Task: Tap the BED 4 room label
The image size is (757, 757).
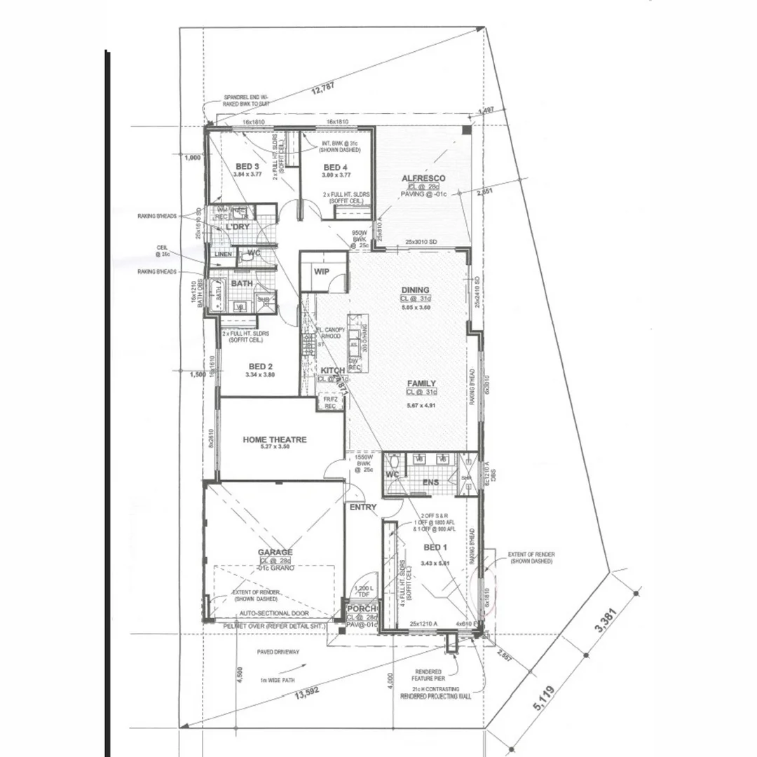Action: point(335,167)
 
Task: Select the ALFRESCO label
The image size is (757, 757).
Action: point(423,179)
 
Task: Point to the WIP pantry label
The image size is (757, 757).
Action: point(322,271)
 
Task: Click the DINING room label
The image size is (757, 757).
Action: point(415,290)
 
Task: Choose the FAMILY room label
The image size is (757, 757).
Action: point(421,383)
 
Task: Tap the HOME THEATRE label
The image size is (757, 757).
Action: point(275,439)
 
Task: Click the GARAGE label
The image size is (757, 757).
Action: point(275,552)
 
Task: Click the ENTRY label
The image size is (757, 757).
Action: point(362,507)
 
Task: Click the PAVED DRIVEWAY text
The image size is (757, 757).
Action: point(278,652)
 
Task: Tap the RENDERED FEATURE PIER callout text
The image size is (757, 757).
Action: point(428,674)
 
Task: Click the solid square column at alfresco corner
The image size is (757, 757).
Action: point(467,131)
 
